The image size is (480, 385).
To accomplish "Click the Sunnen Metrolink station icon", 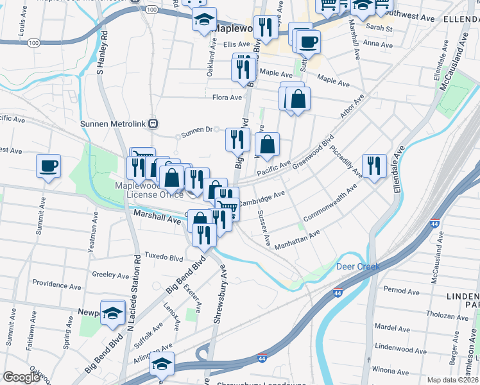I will click(x=153, y=123).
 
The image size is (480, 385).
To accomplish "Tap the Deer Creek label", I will click(x=358, y=266).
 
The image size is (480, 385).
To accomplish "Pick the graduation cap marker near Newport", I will click(x=113, y=313).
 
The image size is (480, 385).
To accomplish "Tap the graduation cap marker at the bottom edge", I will click(x=162, y=364).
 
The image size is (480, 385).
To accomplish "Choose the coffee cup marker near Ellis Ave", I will click(x=307, y=43).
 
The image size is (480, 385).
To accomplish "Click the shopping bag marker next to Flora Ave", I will click(x=298, y=99).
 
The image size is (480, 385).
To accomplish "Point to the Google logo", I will click(x=21, y=377).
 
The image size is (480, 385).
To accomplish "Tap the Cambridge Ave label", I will click(x=262, y=198).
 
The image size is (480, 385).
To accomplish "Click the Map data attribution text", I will click(x=452, y=380).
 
